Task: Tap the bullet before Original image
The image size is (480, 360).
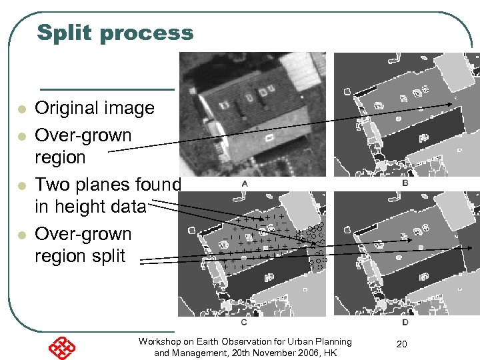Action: pyautogui.click(x=21, y=109)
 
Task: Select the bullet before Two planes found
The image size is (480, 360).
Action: pyautogui.click(x=21, y=185)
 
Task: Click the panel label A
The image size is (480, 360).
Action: pyautogui.click(x=245, y=183)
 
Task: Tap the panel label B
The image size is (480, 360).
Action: pyautogui.click(x=405, y=183)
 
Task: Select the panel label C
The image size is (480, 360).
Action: pyautogui.click(x=244, y=322)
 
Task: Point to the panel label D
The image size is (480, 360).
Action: pyautogui.click(x=405, y=322)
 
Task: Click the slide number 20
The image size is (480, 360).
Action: pyautogui.click(x=401, y=343)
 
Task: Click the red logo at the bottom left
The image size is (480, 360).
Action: pyautogui.click(x=61, y=348)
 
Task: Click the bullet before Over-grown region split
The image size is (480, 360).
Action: pyautogui.click(x=21, y=235)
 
